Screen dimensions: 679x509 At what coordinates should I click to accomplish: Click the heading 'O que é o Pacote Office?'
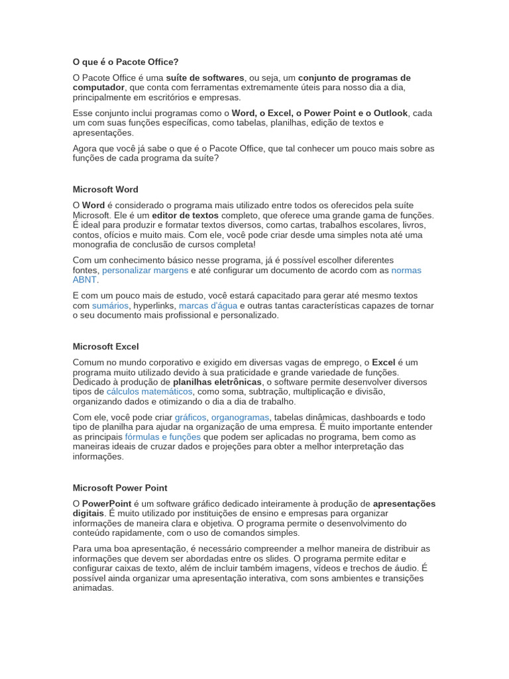pyautogui.click(x=125, y=62)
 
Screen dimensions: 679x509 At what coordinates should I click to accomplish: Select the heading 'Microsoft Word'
pyautogui.click(x=105, y=189)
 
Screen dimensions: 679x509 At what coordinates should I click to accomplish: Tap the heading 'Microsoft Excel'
pyautogui.click(x=105, y=346)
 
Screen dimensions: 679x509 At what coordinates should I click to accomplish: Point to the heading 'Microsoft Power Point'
pyautogui.click(x=120, y=487)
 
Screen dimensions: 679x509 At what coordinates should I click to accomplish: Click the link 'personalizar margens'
pyautogui.click(x=145, y=271)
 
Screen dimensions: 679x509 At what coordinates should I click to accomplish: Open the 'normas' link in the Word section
pyautogui.click(x=406, y=271)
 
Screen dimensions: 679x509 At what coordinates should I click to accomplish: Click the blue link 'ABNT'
pyautogui.click(x=84, y=280)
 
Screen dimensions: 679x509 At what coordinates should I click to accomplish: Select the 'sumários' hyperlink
pyautogui.click(x=111, y=306)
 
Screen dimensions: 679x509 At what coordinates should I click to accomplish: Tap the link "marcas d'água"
pyautogui.click(x=208, y=306)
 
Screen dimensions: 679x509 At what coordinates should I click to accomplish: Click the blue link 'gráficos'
pyautogui.click(x=191, y=417)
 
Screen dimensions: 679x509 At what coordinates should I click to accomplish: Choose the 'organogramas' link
pyautogui.click(x=240, y=417)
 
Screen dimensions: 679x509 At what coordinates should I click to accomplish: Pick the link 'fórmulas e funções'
pyautogui.click(x=163, y=437)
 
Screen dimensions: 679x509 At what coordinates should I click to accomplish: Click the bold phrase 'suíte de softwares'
pyautogui.click(x=205, y=78)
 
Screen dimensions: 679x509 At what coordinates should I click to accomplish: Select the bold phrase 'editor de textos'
pyautogui.click(x=184, y=215)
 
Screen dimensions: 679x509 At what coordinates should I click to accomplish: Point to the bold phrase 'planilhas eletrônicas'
pyautogui.click(x=217, y=382)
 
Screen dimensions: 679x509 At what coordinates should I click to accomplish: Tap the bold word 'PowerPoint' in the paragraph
pyautogui.click(x=107, y=503)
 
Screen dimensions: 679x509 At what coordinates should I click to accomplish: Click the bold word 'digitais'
pyautogui.click(x=88, y=513)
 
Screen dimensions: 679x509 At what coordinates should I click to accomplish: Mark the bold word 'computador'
pyautogui.click(x=98, y=87)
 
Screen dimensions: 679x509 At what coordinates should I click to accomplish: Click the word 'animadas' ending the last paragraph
pyautogui.click(x=93, y=587)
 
